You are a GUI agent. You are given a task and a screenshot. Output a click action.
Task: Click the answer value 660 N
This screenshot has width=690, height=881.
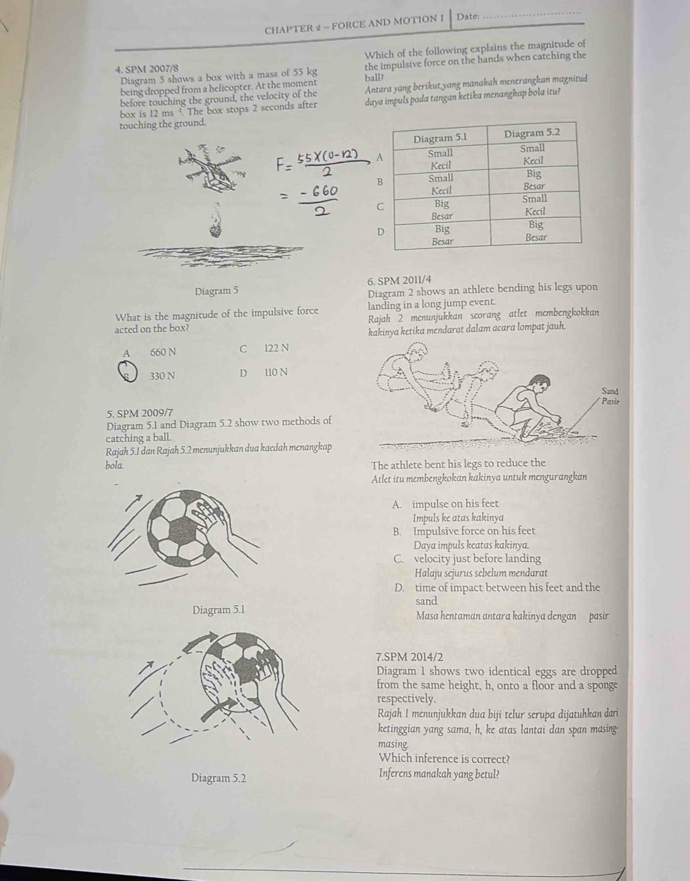pyautogui.click(x=163, y=351)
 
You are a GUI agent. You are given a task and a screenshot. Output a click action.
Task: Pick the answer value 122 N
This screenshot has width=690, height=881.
pyautogui.click(x=277, y=348)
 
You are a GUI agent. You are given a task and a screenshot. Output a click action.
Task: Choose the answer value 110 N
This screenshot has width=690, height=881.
pyautogui.click(x=276, y=372)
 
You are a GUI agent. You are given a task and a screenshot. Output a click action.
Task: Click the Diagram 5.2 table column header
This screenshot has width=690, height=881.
pyautogui.click(x=533, y=133)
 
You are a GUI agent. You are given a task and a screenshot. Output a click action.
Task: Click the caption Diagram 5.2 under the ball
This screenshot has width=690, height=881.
pyautogui.click(x=219, y=778)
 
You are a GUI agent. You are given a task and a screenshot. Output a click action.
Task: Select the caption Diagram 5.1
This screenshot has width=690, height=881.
pyautogui.click(x=219, y=610)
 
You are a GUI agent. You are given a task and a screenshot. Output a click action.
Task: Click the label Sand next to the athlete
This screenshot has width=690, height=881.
pyautogui.click(x=610, y=391)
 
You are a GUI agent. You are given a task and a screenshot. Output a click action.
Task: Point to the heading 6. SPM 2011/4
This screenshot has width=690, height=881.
pyautogui.click(x=400, y=280)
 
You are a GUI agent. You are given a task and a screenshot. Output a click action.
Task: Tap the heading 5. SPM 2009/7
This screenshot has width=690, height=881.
pyautogui.click(x=140, y=411)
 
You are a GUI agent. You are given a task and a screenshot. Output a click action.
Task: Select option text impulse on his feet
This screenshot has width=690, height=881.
pyautogui.click(x=455, y=503)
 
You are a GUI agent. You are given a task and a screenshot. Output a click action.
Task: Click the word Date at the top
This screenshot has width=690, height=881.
pyautogui.click(x=467, y=16)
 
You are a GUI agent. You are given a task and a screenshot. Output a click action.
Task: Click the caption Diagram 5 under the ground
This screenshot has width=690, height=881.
pyautogui.click(x=217, y=291)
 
